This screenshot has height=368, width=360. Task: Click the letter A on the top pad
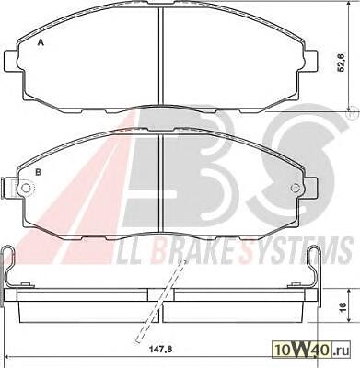(41, 42)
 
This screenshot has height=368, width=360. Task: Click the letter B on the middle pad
(39, 172)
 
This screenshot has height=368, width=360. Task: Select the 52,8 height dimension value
(342, 62)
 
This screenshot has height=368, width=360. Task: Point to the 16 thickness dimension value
(343, 305)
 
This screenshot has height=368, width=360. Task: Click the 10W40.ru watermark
(310, 351)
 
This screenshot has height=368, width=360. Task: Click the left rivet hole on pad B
(26, 187)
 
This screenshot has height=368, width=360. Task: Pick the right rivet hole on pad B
(295, 187)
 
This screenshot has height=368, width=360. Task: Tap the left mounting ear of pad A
(12, 62)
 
